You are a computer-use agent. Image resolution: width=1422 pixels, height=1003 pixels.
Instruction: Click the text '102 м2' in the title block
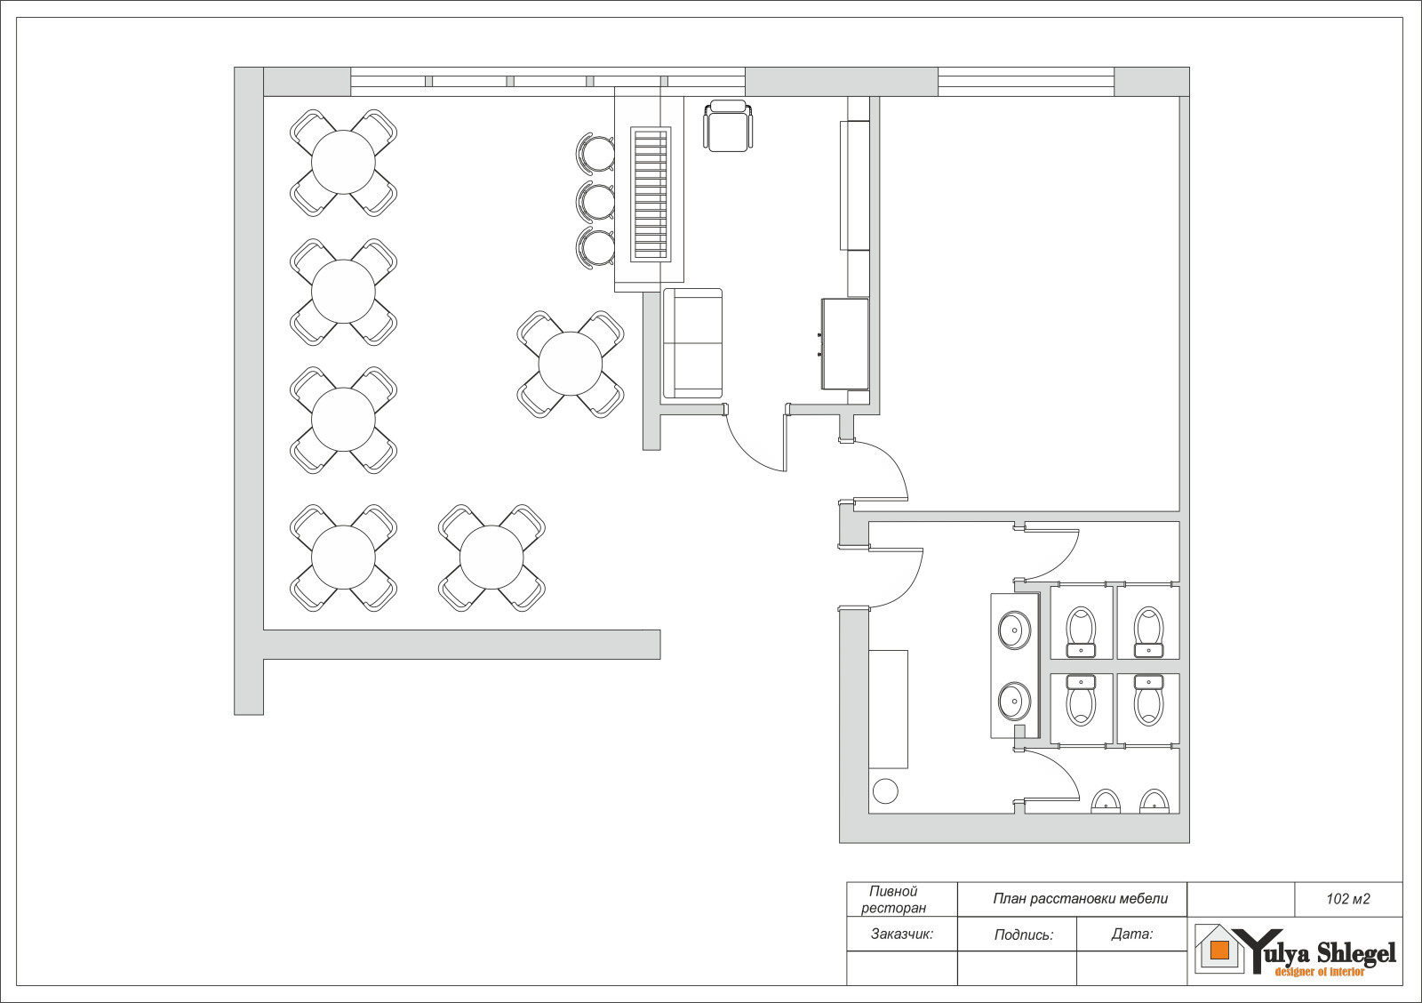1347,899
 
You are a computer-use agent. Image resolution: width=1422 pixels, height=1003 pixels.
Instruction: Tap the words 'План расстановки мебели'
1081,899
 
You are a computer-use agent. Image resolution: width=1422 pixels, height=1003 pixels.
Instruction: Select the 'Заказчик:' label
902,934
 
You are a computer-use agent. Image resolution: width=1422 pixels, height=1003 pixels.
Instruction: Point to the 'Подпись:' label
1023,935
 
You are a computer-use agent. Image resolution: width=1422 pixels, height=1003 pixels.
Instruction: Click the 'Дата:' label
1132,934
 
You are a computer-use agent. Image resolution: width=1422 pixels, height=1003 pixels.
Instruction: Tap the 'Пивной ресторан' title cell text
894,900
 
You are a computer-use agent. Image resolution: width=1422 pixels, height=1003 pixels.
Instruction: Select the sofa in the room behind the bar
692,343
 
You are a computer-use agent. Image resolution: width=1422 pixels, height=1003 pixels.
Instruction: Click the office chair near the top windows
728,125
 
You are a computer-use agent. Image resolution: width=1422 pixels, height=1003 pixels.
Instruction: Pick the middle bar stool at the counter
595,201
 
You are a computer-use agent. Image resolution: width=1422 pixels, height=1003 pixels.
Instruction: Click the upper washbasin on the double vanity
1014,630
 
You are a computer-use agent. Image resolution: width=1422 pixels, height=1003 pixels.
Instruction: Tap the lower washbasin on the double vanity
1014,702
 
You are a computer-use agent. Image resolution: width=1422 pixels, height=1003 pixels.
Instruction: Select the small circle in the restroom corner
885,791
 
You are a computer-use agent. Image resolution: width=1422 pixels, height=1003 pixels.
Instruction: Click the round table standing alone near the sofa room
570,364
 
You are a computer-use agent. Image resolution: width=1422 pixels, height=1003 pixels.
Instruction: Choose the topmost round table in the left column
343,163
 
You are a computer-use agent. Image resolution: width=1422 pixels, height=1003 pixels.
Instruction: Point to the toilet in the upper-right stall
1148,632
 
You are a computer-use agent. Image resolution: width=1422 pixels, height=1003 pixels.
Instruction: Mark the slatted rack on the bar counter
651,195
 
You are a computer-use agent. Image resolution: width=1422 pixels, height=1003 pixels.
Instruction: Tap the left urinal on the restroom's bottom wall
1106,802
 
